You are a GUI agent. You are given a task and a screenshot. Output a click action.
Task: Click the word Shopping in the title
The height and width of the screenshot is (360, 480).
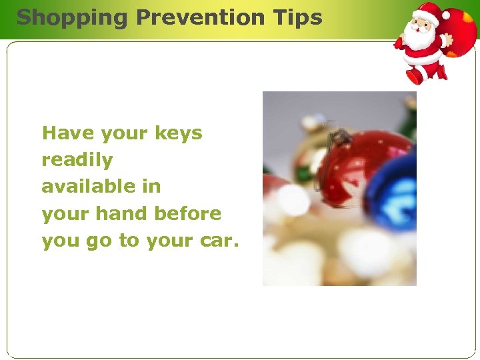coord(71,17)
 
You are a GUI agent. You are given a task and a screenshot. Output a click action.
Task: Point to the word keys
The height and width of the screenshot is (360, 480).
coord(178,133)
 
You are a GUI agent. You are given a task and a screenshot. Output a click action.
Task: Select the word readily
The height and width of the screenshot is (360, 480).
coord(77,160)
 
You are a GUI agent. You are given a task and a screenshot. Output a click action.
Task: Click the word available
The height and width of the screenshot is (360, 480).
coord(87,187)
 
